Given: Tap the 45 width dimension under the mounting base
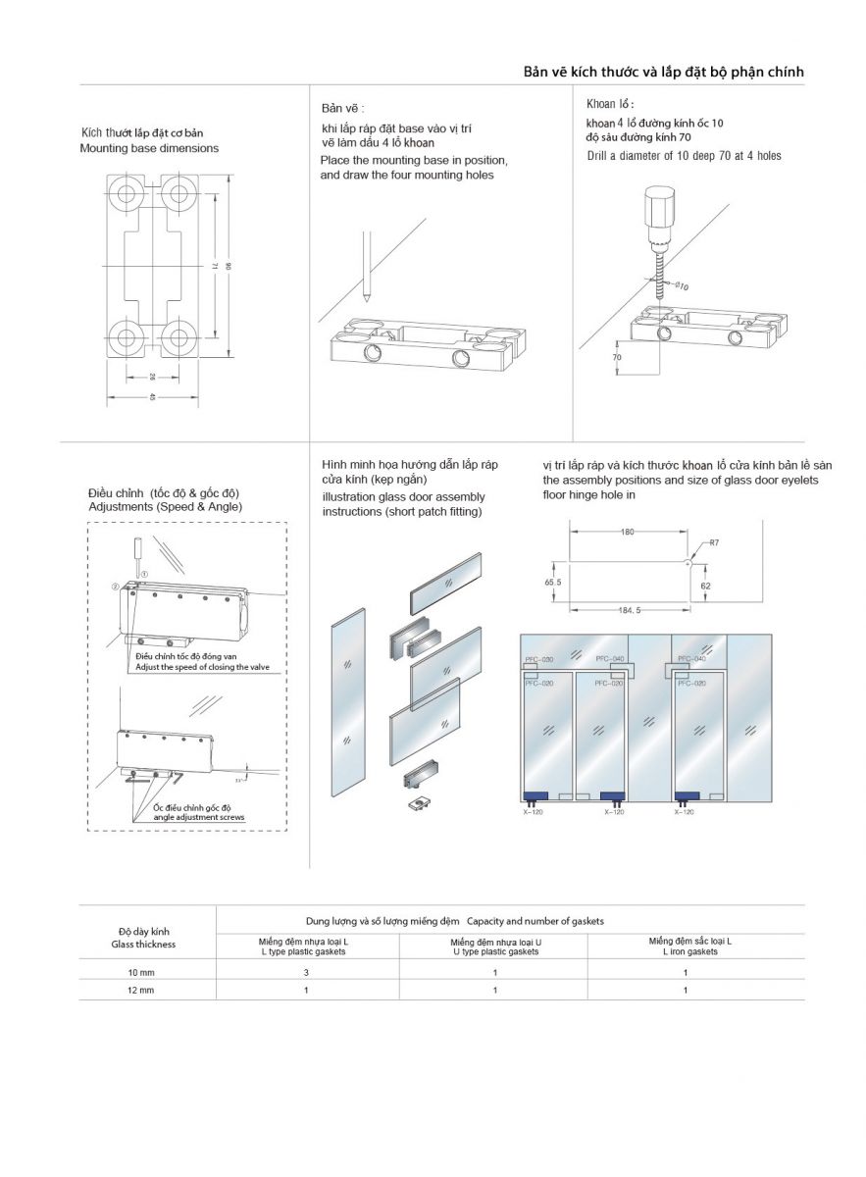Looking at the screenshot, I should (x=152, y=397).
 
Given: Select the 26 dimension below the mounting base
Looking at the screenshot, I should (x=152, y=376).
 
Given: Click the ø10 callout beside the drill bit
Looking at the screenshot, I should (x=682, y=286).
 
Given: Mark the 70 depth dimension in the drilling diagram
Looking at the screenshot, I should (x=618, y=358).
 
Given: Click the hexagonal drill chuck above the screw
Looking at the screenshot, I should (x=654, y=208).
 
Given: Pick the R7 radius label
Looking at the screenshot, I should (x=715, y=541).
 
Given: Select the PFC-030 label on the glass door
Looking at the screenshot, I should (x=539, y=660).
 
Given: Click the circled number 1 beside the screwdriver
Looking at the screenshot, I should (x=144, y=573).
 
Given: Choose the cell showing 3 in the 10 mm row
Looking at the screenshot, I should (x=306, y=972).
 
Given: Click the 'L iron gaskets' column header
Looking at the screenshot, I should (x=689, y=951).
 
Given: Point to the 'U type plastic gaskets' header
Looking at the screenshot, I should (x=495, y=951).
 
